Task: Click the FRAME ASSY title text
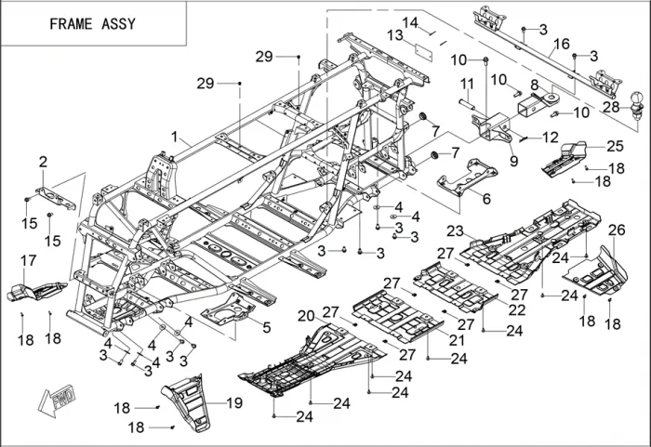pos(92,23)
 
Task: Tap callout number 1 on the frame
pos(174,137)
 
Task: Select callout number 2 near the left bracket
pos(43,162)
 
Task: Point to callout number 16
pos(561,44)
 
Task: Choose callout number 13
pos(393,35)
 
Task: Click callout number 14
pos(410,21)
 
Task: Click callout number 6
pos(485,197)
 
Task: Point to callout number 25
pos(615,146)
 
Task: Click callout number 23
pos(455,230)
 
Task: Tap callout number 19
pos(233,402)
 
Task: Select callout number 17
pos(29,260)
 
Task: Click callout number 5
pos(266,326)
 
